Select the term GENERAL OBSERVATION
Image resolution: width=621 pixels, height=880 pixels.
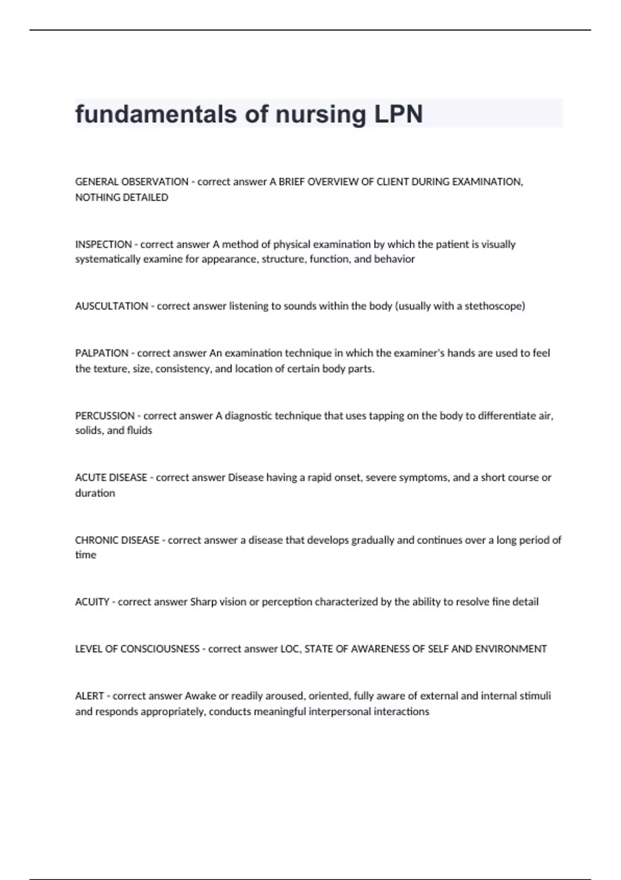click(131, 182)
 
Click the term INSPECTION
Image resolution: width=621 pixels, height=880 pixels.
click(103, 244)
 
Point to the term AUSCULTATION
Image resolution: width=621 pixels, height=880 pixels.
click(112, 306)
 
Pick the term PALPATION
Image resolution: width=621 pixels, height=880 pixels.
click(102, 353)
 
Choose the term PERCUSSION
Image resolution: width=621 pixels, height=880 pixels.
click(105, 416)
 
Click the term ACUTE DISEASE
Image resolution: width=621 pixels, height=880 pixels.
click(111, 477)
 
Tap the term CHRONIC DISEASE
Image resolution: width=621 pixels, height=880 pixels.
click(117, 540)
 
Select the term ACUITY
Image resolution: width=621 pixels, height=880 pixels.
click(92, 602)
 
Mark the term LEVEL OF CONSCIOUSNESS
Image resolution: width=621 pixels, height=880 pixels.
click(137, 649)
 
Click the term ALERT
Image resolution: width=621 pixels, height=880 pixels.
click(90, 696)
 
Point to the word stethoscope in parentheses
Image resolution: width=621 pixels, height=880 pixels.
click(494, 306)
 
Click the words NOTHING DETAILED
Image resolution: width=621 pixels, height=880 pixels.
click(122, 197)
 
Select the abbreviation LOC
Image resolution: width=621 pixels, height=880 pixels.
click(289, 649)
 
